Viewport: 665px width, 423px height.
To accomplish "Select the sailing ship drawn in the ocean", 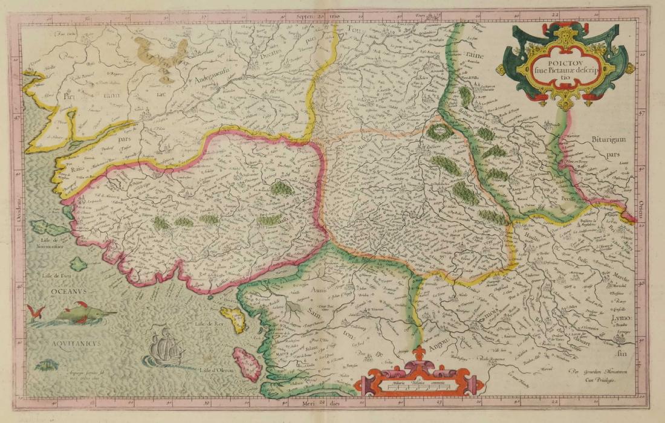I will (x=162, y=347).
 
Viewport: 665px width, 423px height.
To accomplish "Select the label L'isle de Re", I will (x=207, y=325).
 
